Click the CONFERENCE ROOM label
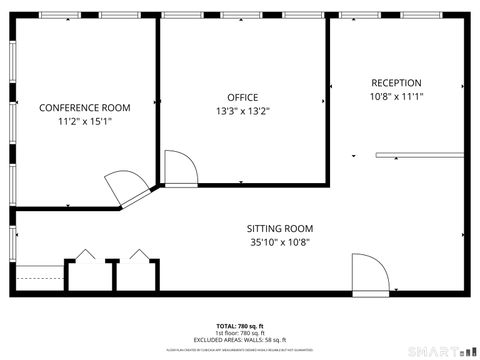pyautogui.click(x=85, y=107)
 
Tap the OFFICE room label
pyautogui.click(x=243, y=97)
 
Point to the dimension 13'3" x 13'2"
pyautogui.click(x=243, y=111)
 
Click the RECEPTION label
pyautogui.click(x=396, y=83)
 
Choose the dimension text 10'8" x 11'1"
pyautogui.click(x=396, y=97)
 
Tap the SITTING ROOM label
pyautogui.click(x=280, y=228)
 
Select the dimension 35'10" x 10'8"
pyautogui.click(x=280, y=242)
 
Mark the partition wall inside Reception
pyautogui.click(x=421, y=154)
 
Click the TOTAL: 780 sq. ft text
pyautogui.click(x=240, y=326)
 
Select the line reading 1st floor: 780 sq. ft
pyautogui.click(x=240, y=332)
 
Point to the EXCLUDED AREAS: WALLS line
pyautogui.click(x=240, y=339)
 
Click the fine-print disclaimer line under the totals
pyautogui.click(x=240, y=347)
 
